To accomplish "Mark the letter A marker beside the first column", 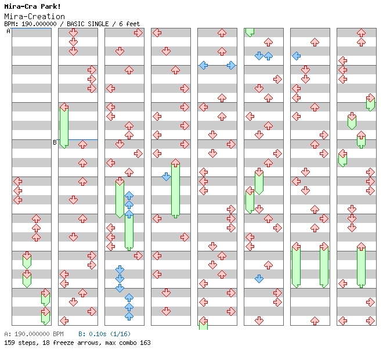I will [8, 31].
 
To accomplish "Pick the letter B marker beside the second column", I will [55, 142].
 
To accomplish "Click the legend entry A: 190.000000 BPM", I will [33, 334].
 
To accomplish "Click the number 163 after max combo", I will [145, 343].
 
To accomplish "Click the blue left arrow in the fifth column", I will [203, 65].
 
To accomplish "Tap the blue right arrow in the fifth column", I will [231, 65].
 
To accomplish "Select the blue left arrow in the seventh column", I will [296, 56].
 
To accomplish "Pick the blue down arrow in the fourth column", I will [166, 177].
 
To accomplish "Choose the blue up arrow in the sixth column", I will [268, 56].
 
